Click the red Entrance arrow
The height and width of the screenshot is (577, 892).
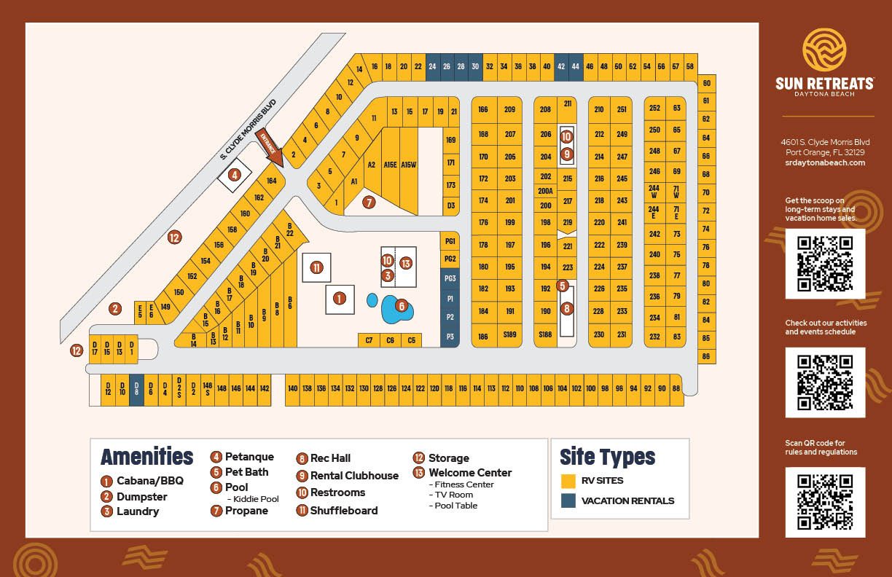pyautogui.click(x=268, y=143)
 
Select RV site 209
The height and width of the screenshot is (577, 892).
pyautogui.click(x=509, y=110)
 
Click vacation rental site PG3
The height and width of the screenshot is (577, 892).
pyautogui.click(x=450, y=278)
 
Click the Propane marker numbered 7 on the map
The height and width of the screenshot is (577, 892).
pyautogui.click(x=369, y=203)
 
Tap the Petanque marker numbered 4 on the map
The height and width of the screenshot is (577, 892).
pyautogui.click(x=234, y=175)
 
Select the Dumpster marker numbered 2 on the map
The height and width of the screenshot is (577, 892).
pyautogui.click(x=115, y=309)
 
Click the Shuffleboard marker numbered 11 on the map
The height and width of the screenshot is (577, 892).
pyautogui.click(x=316, y=267)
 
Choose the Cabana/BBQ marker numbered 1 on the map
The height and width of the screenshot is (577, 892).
pyautogui.click(x=339, y=298)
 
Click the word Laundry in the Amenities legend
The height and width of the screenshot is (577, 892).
pyautogui.click(x=138, y=511)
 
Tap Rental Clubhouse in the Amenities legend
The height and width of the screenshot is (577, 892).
pyautogui.click(x=354, y=476)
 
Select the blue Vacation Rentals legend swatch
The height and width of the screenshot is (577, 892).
pyautogui.click(x=568, y=501)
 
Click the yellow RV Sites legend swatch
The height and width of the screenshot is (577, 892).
pyautogui.click(x=568, y=481)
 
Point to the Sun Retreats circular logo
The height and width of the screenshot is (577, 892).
pyautogui.click(x=824, y=50)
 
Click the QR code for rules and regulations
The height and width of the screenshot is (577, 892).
pyautogui.click(x=825, y=502)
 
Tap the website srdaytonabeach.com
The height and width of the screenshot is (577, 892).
pyautogui.click(x=825, y=162)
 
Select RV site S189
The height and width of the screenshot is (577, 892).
pyautogui.click(x=509, y=335)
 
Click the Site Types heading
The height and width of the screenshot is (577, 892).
pyautogui.click(x=607, y=458)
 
